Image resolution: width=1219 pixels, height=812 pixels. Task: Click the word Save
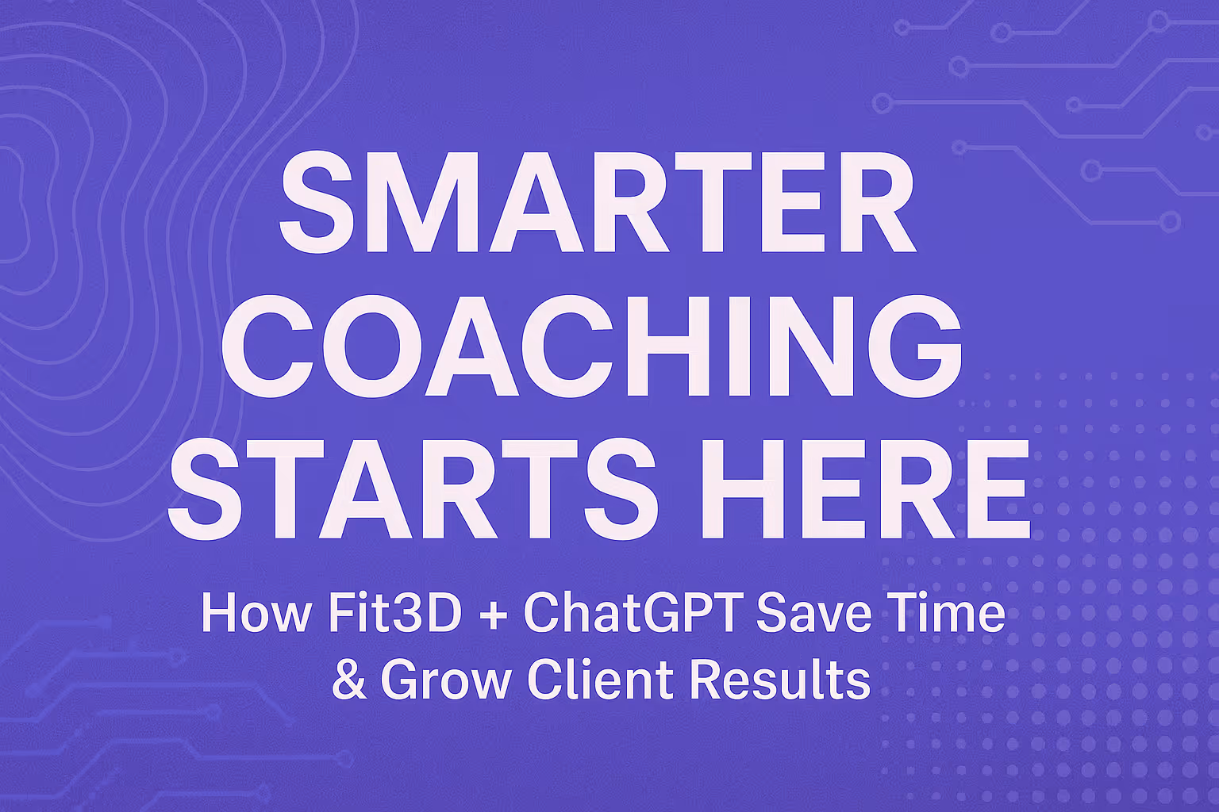(806, 613)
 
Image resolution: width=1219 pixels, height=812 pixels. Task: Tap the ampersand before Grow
(349, 680)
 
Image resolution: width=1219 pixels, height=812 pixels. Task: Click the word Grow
(445, 680)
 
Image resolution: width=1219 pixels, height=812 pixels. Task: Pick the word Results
(779, 680)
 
